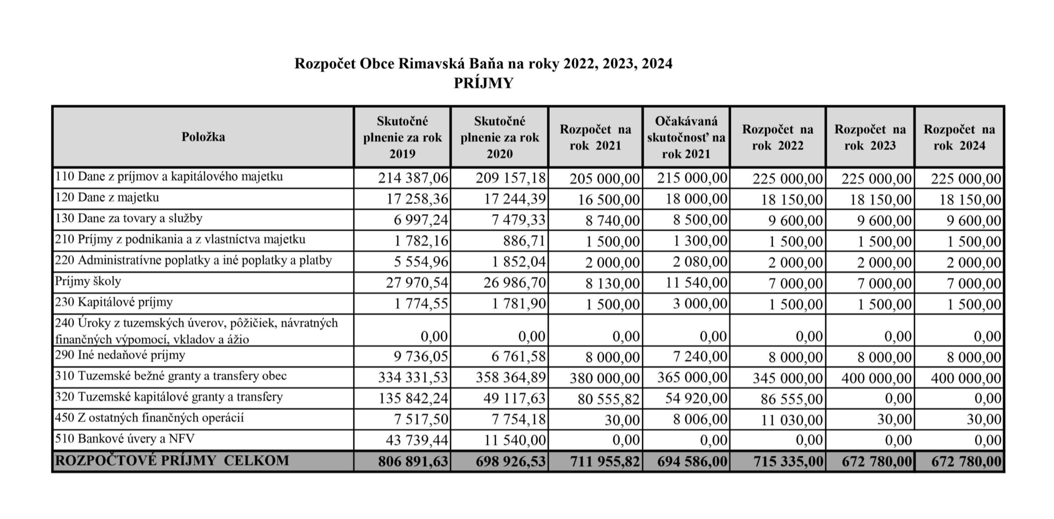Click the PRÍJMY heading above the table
click(483, 83)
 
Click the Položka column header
click(203, 137)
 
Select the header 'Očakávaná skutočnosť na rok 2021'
click(686, 137)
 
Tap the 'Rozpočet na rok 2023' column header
click(870, 137)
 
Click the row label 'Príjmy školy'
click(88, 281)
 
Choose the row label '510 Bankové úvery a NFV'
click(125, 439)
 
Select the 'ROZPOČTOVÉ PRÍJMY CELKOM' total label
click(172, 460)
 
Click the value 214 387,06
click(413, 178)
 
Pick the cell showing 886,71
click(524, 241)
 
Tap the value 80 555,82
click(605, 399)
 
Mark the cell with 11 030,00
click(791, 419)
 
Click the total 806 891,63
click(413, 461)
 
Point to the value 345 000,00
click(788, 378)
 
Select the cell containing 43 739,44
click(417, 440)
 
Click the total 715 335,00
click(788, 461)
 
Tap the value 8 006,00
click(700, 419)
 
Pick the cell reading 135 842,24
click(413, 398)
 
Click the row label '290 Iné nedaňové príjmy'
click(120, 355)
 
